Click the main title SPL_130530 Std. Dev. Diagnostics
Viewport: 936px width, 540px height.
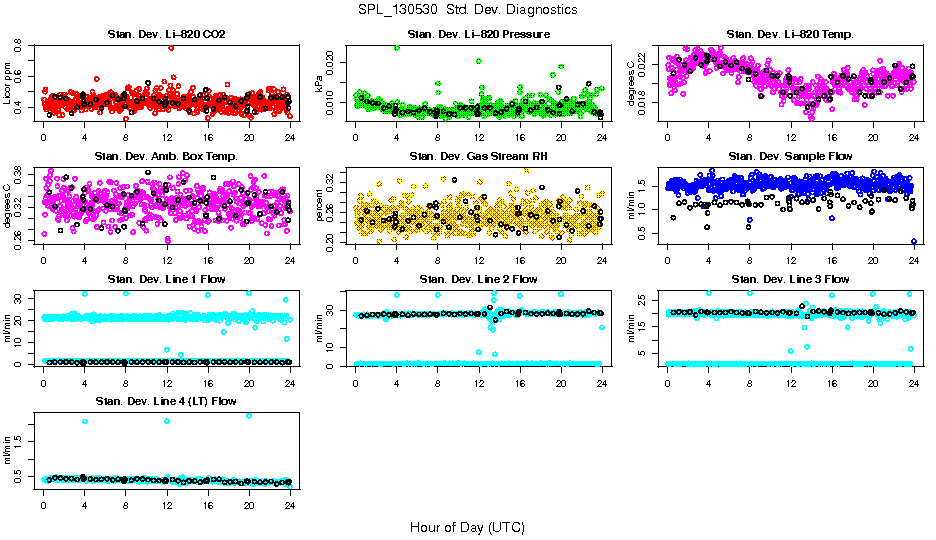467,10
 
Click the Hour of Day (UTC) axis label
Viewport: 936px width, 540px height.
467,526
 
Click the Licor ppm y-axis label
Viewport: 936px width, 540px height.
8,83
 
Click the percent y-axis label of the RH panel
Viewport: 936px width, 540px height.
320,205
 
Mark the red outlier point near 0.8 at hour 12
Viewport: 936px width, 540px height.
172,47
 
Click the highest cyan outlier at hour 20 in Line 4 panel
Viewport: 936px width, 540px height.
249,415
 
